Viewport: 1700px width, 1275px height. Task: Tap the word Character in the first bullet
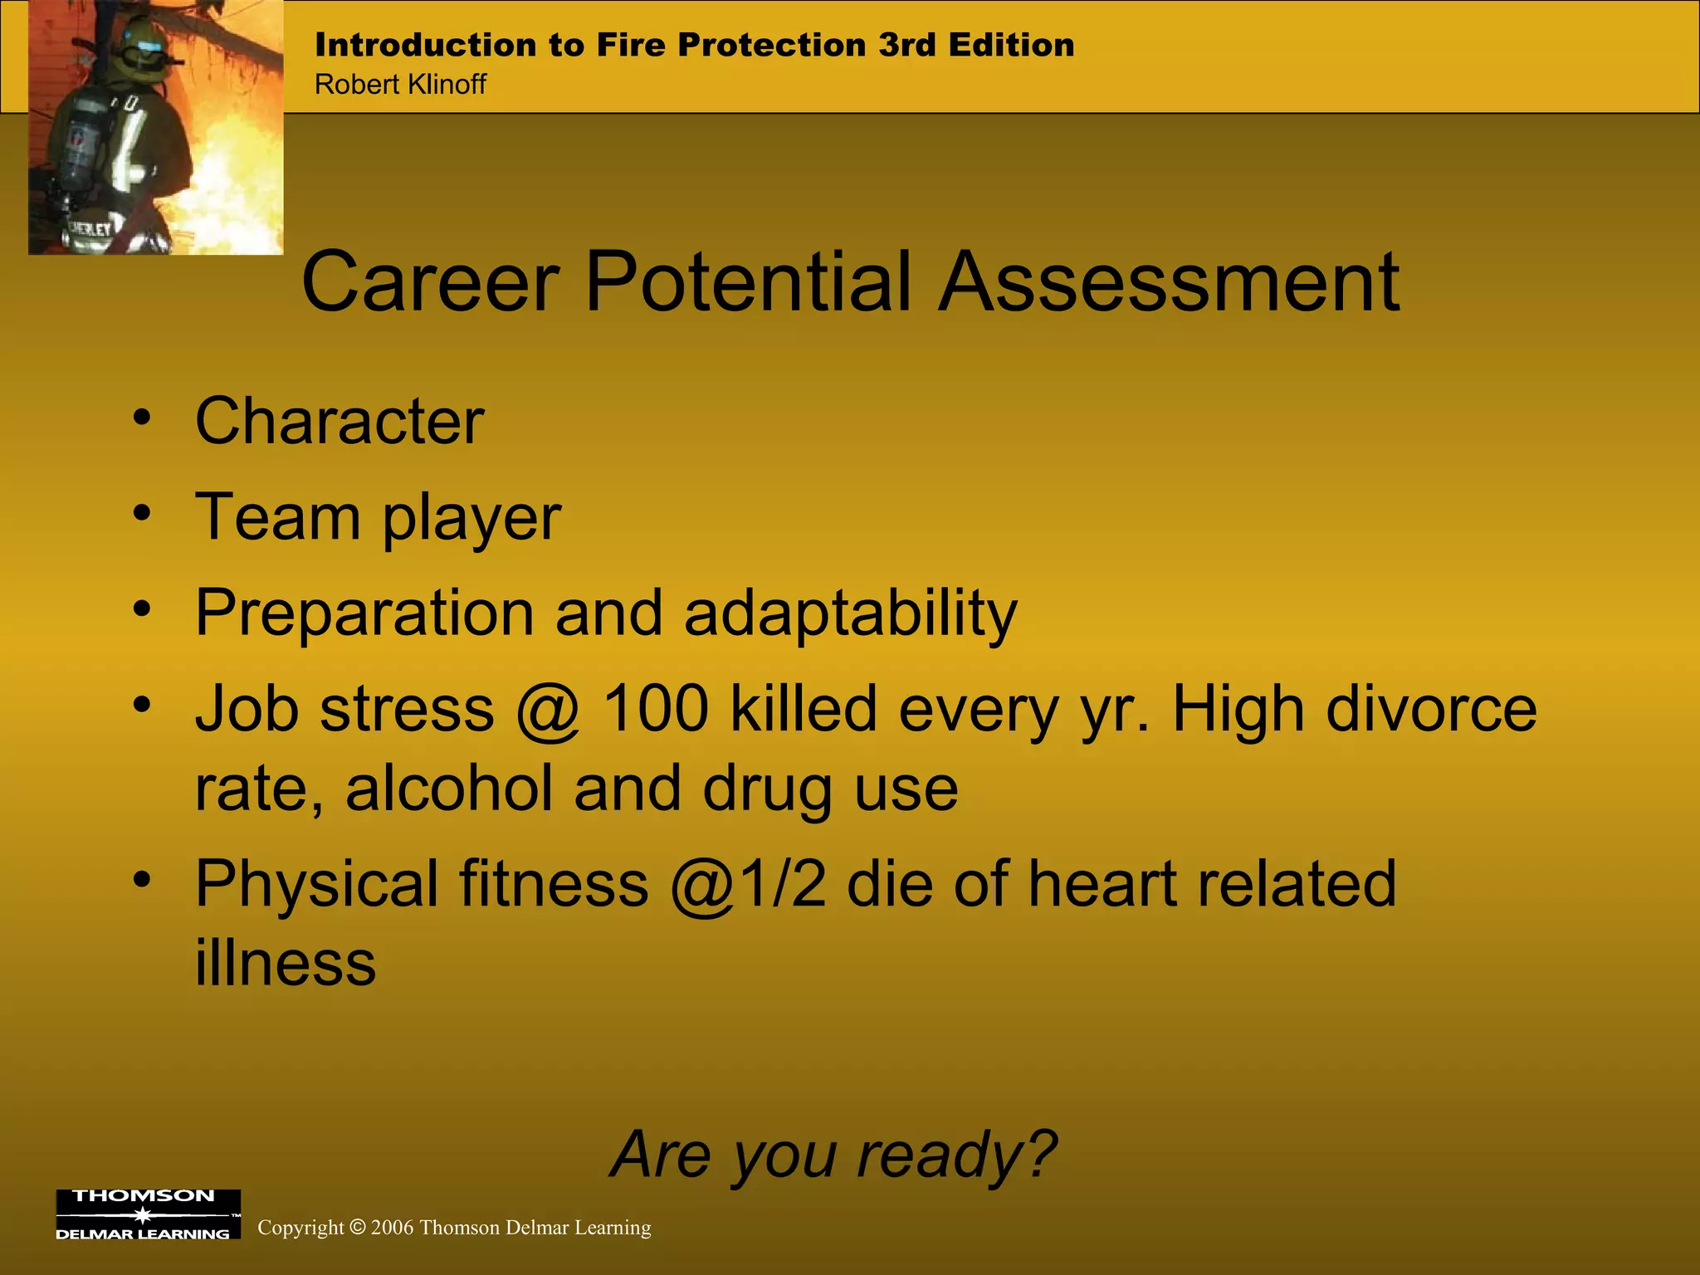point(339,422)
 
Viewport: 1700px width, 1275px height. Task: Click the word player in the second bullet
point(471,519)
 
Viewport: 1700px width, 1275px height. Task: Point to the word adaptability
point(851,614)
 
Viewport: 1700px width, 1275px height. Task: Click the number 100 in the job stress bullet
point(656,710)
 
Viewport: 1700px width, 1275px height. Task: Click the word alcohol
point(449,789)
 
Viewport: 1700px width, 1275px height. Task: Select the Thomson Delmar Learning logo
point(148,1214)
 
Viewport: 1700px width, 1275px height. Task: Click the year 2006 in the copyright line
point(392,1228)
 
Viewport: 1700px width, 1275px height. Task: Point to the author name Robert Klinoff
point(400,85)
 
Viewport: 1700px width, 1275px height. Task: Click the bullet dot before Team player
point(143,513)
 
